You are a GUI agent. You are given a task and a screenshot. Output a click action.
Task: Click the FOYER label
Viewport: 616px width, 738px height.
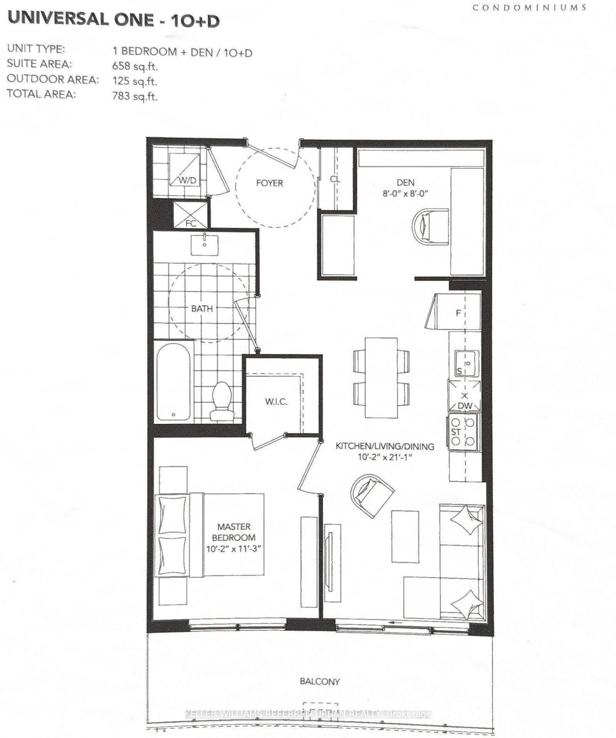[269, 183]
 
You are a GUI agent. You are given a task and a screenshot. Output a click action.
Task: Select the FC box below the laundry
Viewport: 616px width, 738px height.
[191, 215]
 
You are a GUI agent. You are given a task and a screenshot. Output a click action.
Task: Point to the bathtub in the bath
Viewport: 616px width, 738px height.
[173, 381]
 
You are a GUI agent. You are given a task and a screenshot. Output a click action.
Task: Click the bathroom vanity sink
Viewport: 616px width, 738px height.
[204, 245]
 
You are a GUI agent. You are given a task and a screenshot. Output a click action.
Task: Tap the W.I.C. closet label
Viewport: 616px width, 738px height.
[276, 402]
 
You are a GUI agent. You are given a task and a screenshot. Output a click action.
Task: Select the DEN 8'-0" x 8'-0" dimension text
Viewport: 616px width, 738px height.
[405, 194]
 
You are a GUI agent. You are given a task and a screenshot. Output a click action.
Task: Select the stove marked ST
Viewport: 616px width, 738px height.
[463, 432]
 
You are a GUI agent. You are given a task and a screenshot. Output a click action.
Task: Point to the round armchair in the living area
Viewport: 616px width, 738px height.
[372, 495]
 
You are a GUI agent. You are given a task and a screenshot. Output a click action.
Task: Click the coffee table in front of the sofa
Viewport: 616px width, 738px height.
[405, 537]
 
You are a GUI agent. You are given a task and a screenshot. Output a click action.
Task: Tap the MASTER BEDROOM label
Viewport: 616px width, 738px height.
[234, 532]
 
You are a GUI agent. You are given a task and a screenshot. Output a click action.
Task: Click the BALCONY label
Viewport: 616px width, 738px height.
[320, 681]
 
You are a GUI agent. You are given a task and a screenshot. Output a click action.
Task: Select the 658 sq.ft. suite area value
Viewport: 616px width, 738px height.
[135, 66]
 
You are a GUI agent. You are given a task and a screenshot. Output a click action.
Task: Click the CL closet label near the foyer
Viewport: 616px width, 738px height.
[335, 179]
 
